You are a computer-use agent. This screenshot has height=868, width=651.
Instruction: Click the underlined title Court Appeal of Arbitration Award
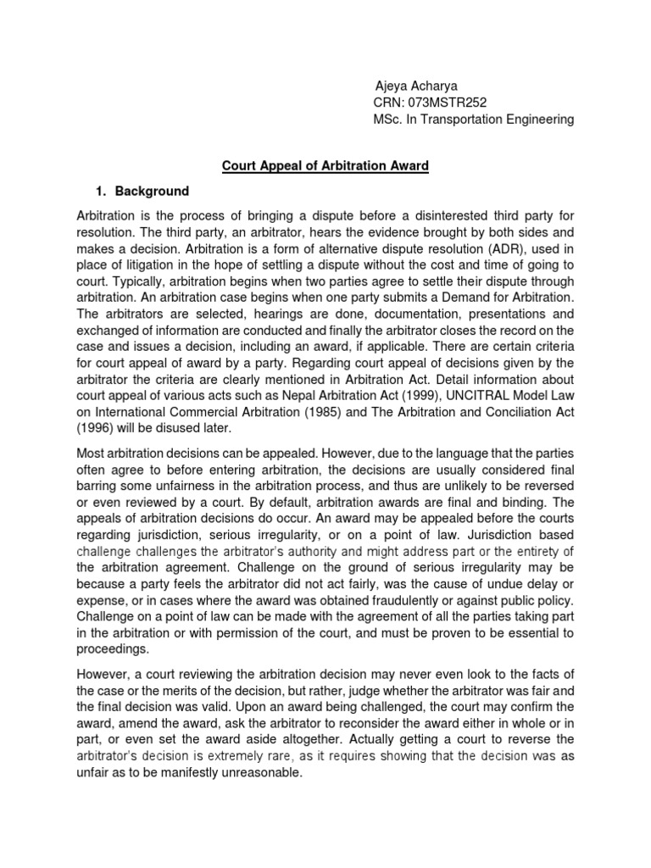pos(325,166)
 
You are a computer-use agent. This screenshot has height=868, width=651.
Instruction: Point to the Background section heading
pos(152,191)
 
